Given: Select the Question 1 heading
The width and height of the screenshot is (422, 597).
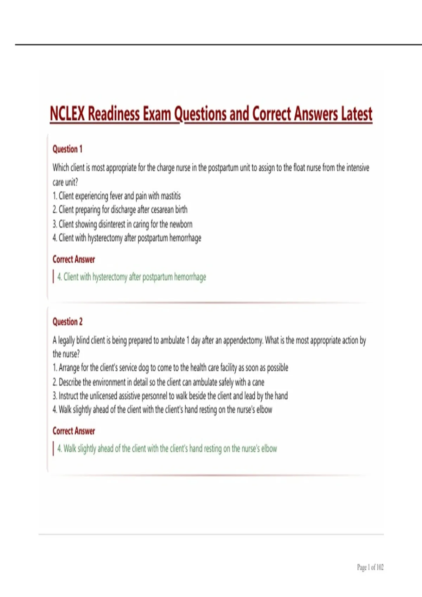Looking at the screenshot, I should click(67, 149).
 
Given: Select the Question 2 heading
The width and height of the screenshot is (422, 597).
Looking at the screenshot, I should click(68, 322).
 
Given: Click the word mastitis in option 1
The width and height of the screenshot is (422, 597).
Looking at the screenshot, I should click(171, 196).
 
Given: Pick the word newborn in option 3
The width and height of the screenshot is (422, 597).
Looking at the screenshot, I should click(181, 224).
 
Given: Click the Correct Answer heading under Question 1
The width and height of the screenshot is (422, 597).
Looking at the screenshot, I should click(73, 260).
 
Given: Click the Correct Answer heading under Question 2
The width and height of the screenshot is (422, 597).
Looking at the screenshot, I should click(73, 431).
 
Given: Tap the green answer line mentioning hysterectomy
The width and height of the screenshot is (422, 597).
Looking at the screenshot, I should click(132, 277).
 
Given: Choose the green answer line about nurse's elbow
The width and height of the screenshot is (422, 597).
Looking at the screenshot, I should click(167, 448).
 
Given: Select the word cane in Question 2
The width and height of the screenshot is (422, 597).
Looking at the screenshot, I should click(258, 382).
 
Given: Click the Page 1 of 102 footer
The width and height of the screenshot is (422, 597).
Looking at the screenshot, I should click(370, 567).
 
